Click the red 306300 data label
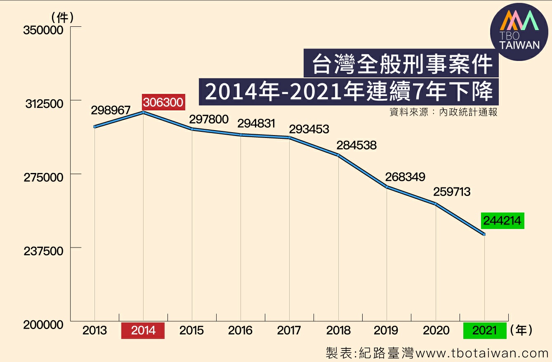point(163,102)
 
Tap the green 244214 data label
point(502,221)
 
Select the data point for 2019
point(387,187)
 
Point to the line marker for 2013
point(95,127)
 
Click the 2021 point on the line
point(484,234)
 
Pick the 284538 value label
point(356,145)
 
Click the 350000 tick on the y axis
point(43,30)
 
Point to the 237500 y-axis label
point(43,251)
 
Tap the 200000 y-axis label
point(43,325)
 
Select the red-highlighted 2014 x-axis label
point(143,330)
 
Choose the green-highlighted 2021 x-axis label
point(484,330)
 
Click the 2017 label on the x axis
point(289,330)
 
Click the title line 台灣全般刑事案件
point(401,63)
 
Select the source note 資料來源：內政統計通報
point(443,112)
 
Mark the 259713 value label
point(451,192)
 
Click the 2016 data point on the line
point(241,135)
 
